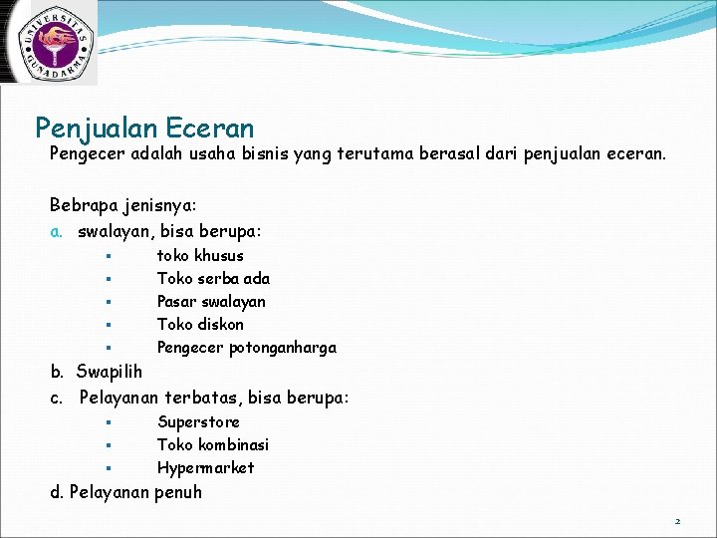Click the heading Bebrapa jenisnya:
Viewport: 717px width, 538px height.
click(x=123, y=204)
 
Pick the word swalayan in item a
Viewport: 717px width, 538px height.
click(x=113, y=231)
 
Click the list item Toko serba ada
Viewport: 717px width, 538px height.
click(x=213, y=279)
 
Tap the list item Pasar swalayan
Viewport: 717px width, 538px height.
click(x=211, y=302)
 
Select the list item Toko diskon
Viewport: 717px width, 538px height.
click(x=200, y=325)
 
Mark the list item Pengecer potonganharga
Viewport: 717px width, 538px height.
click(x=246, y=348)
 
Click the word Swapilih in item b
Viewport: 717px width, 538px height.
click(x=109, y=372)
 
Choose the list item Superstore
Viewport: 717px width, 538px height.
click(x=198, y=422)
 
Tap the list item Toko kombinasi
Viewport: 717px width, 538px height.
click(x=213, y=445)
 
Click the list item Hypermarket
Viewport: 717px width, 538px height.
click(x=205, y=468)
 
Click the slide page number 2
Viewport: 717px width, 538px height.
click(x=677, y=521)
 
